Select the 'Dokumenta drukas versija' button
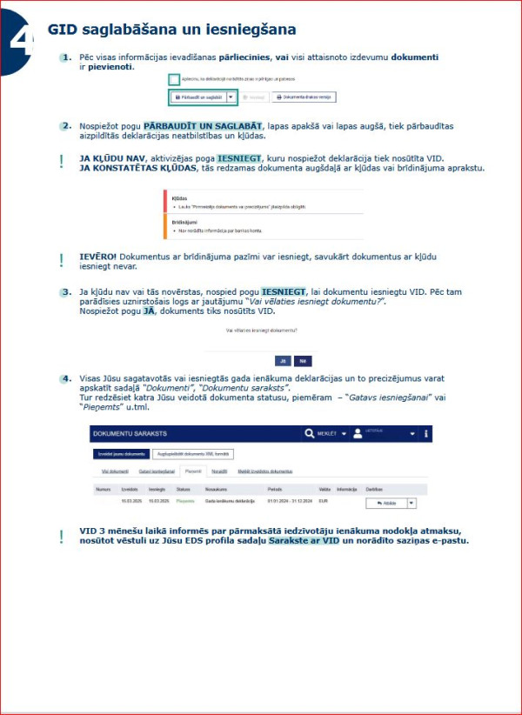[303, 97]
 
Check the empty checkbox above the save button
[175, 79]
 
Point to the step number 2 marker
[65, 126]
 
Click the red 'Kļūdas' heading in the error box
[180, 198]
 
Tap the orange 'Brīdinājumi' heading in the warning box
[184, 222]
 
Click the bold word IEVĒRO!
[97, 257]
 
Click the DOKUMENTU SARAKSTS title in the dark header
[130, 433]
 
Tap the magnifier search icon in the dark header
[310, 433]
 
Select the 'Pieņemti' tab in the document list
[192, 471]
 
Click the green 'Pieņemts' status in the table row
[185, 502]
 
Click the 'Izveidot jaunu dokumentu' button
[120, 453]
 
